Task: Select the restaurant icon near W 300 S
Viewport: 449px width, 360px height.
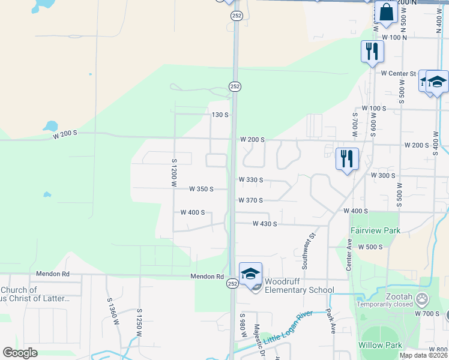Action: click(347, 158)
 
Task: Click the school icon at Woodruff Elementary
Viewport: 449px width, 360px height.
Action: click(250, 274)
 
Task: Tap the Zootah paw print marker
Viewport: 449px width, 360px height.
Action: click(423, 297)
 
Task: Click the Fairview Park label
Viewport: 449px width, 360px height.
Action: click(375, 230)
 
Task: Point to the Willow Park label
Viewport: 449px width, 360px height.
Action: click(379, 345)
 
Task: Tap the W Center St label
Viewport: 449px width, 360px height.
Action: click(398, 73)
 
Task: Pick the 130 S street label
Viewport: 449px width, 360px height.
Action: click(220, 115)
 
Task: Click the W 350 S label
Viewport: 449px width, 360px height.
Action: click(201, 189)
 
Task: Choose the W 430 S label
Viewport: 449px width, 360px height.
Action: click(265, 224)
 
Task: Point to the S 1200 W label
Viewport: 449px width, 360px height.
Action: click(174, 172)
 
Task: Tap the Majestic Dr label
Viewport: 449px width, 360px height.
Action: click(257, 339)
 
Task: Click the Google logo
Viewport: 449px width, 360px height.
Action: click(20, 353)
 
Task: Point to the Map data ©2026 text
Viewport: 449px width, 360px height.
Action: click(423, 355)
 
